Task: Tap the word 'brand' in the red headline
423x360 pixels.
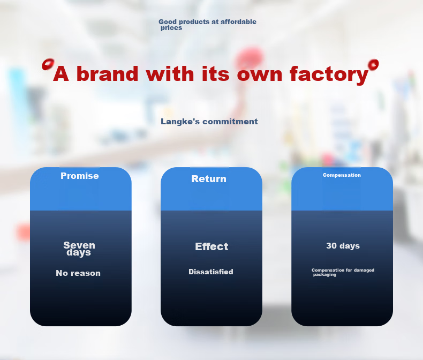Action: (x=108, y=73)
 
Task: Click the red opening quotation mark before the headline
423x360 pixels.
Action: (x=48, y=64)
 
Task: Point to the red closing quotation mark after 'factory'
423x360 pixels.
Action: (x=373, y=65)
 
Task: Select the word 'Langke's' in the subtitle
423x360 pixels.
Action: (x=180, y=122)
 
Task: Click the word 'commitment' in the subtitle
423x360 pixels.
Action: (x=230, y=122)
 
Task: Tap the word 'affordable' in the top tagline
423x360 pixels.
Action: (x=238, y=21)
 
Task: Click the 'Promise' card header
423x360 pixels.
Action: (x=80, y=176)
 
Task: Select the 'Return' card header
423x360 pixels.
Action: (x=209, y=178)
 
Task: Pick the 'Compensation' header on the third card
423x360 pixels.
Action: (x=342, y=175)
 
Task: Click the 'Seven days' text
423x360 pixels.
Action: (x=79, y=249)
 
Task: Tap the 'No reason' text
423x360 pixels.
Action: (x=78, y=273)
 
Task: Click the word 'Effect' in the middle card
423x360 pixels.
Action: (x=211, y=246)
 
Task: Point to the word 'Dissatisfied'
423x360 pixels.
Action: (x=211, y=272)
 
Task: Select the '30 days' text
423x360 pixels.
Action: (x=343, y=246)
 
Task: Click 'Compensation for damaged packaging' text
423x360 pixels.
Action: (x=343, y=272)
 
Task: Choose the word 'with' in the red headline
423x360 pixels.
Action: (x=170, y=73)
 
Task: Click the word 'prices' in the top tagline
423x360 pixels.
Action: (x=171, y=28)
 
